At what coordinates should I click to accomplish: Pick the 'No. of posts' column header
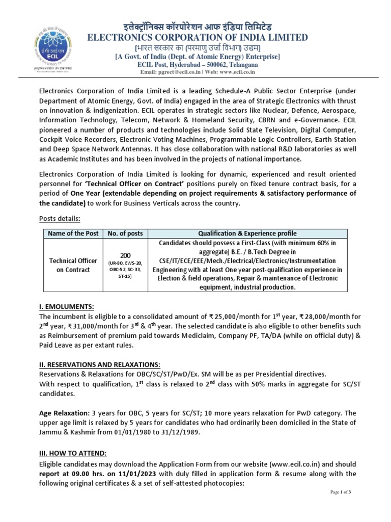(x=125, y=233)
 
